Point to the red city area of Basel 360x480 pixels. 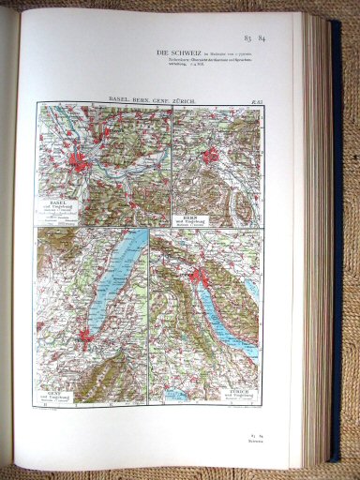pyautogui.click(x=82, y=163)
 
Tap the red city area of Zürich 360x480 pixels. pyautogui.click(x=197, y=276)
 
